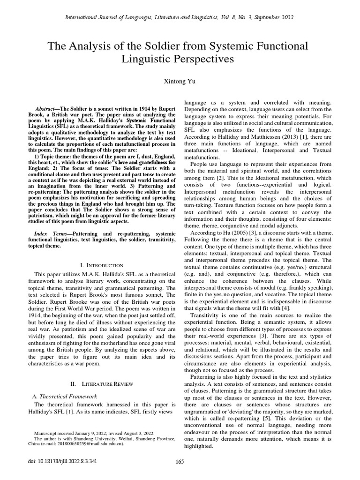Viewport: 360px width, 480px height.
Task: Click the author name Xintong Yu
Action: pyautogui.click(x=180, y=82)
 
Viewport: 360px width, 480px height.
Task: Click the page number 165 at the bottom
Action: pyautogui.click(x=180, y=473)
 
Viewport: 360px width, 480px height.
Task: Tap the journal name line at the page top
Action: pyautogui.click(x=180, y=17)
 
